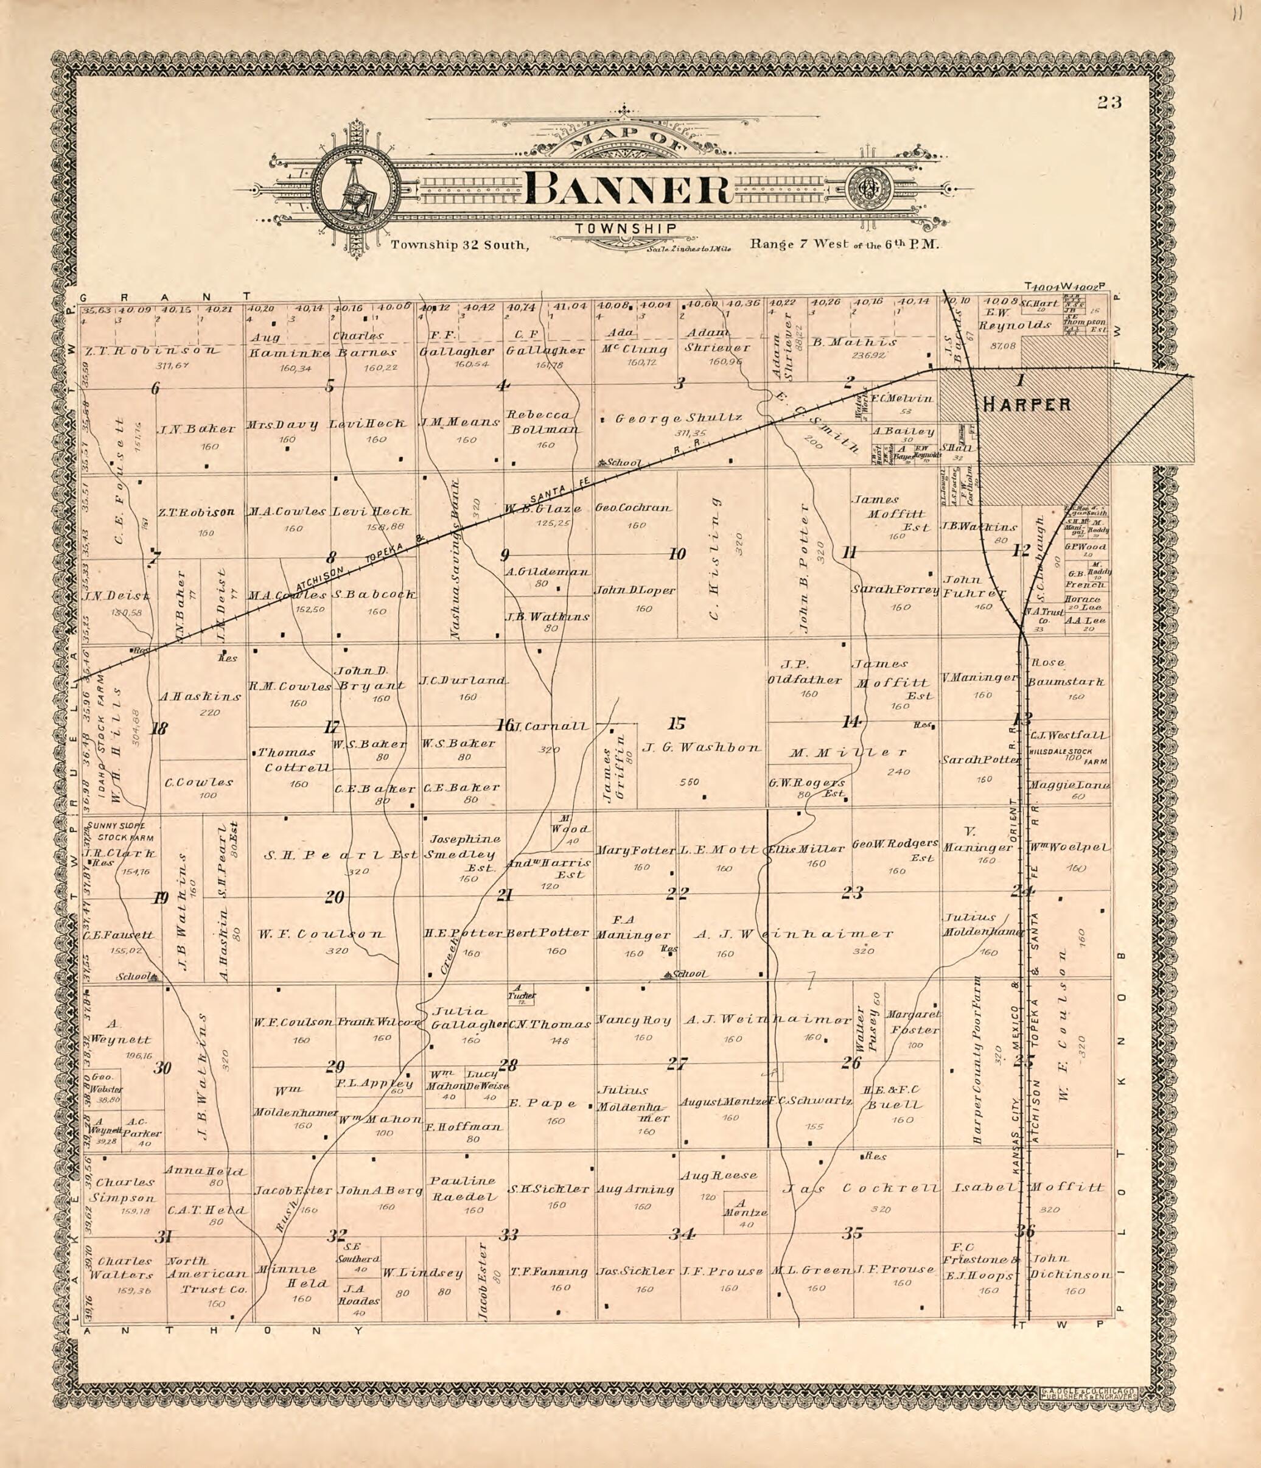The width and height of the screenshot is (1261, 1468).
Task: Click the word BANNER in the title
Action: pyautogui.click(x=629, y=190)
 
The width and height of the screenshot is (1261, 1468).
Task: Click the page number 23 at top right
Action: pyautogui.click(x=1109, y=103)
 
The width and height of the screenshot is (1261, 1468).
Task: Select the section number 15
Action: pyautogui.click(x=677, y=724)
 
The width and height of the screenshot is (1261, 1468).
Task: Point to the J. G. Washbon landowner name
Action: pyautogui.click(x=701, y=747)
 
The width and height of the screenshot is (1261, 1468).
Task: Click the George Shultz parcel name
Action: pyautogui.click(x=678, y=418)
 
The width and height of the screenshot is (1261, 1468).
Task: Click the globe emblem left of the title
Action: pyautogui.click(x=352, y=189)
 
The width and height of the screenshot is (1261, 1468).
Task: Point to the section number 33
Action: pyautogui.click(x=508, y=1235)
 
